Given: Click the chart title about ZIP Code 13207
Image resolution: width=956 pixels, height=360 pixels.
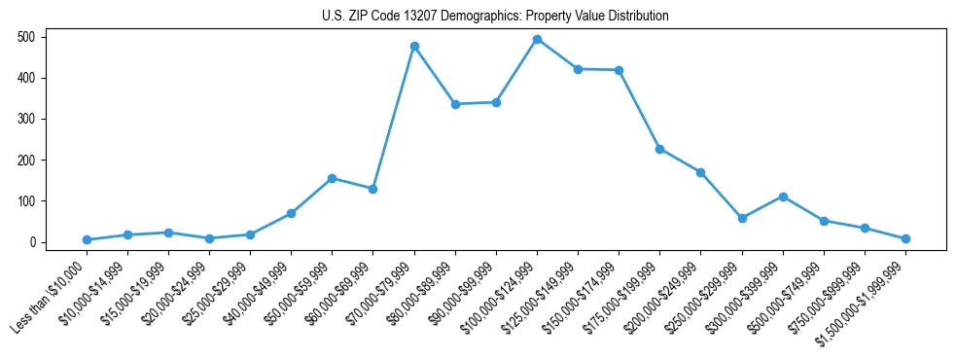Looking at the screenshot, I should click(495, 16).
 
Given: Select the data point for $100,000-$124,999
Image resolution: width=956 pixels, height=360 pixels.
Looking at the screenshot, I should click(537, 39).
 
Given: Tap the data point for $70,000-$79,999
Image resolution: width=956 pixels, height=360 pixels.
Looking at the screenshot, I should click(414, 46).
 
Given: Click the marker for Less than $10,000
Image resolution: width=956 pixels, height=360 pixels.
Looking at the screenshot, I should click(87, 239).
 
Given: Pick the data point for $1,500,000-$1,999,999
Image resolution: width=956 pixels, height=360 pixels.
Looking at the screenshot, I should click(905, 238).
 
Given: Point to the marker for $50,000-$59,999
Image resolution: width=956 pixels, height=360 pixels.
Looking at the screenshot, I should click(333, 178).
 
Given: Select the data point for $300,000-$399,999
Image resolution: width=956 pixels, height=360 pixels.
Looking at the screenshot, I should click(783, 197).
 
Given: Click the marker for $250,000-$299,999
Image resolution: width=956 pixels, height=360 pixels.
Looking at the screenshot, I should click(742, 218).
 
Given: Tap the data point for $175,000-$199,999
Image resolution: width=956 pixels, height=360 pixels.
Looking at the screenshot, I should click(659, 149).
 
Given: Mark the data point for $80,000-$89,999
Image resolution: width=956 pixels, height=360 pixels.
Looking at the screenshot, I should click(455, 104).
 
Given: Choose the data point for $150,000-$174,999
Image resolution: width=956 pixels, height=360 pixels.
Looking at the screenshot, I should click(619, 70).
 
